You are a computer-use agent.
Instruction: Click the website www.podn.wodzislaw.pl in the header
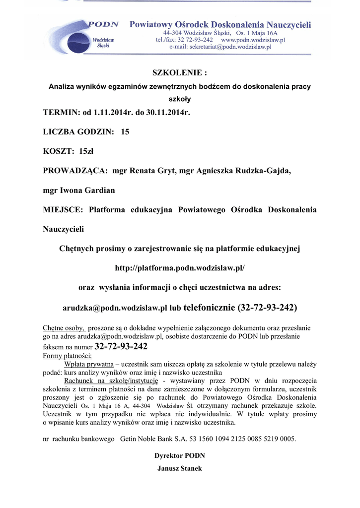(253, 39)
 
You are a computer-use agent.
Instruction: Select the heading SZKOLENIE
(179, 73)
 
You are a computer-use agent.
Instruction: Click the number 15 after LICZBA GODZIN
(125, 131)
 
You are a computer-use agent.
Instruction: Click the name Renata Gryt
(153, 171)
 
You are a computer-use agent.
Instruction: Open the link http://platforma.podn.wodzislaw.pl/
(180, 268)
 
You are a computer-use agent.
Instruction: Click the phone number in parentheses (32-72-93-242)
(268, 308)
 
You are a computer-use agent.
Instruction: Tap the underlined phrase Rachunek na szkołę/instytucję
(111, 381)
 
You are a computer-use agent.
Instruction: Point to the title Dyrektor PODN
(180, 456)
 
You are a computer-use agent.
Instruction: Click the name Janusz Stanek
(180, 468)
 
